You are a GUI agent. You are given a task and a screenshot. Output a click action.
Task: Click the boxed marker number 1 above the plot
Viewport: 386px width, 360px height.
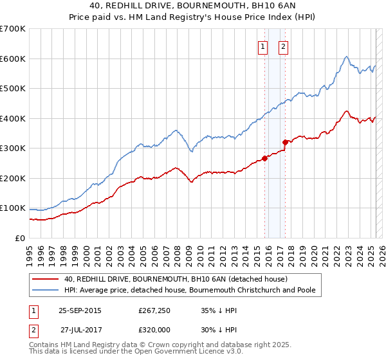[x=263, y=46]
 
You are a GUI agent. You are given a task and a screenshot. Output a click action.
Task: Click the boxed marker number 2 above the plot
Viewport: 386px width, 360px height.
[x=283, y=46]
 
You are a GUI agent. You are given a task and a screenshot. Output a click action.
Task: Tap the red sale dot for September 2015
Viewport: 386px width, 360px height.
[x=264, y=158]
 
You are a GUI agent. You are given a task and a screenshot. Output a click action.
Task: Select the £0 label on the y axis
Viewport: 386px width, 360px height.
[x=19, y=238]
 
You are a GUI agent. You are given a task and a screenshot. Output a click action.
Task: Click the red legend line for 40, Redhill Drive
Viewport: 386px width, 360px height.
[x=45, y=279]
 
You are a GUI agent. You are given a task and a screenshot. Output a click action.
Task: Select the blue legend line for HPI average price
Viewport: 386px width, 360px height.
[x=45, y=290]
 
